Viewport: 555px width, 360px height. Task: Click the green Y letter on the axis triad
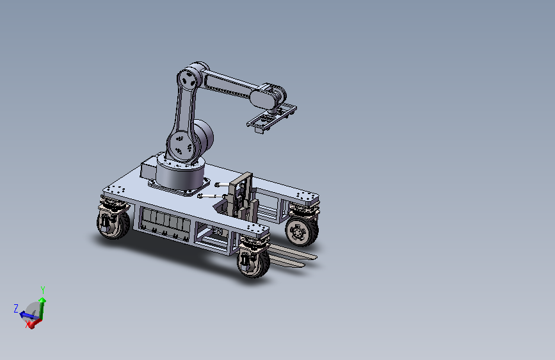pos(43,290)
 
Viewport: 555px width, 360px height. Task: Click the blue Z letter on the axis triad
pos(16,308)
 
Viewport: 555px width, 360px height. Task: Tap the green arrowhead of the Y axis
pos(42,300)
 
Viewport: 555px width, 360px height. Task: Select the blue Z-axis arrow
pos(28,315)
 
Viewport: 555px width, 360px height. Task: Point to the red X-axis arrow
pos(34,323)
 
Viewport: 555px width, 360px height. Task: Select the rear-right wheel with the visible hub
pos(302,232)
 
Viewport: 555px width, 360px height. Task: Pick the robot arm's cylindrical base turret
pos(181,174)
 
